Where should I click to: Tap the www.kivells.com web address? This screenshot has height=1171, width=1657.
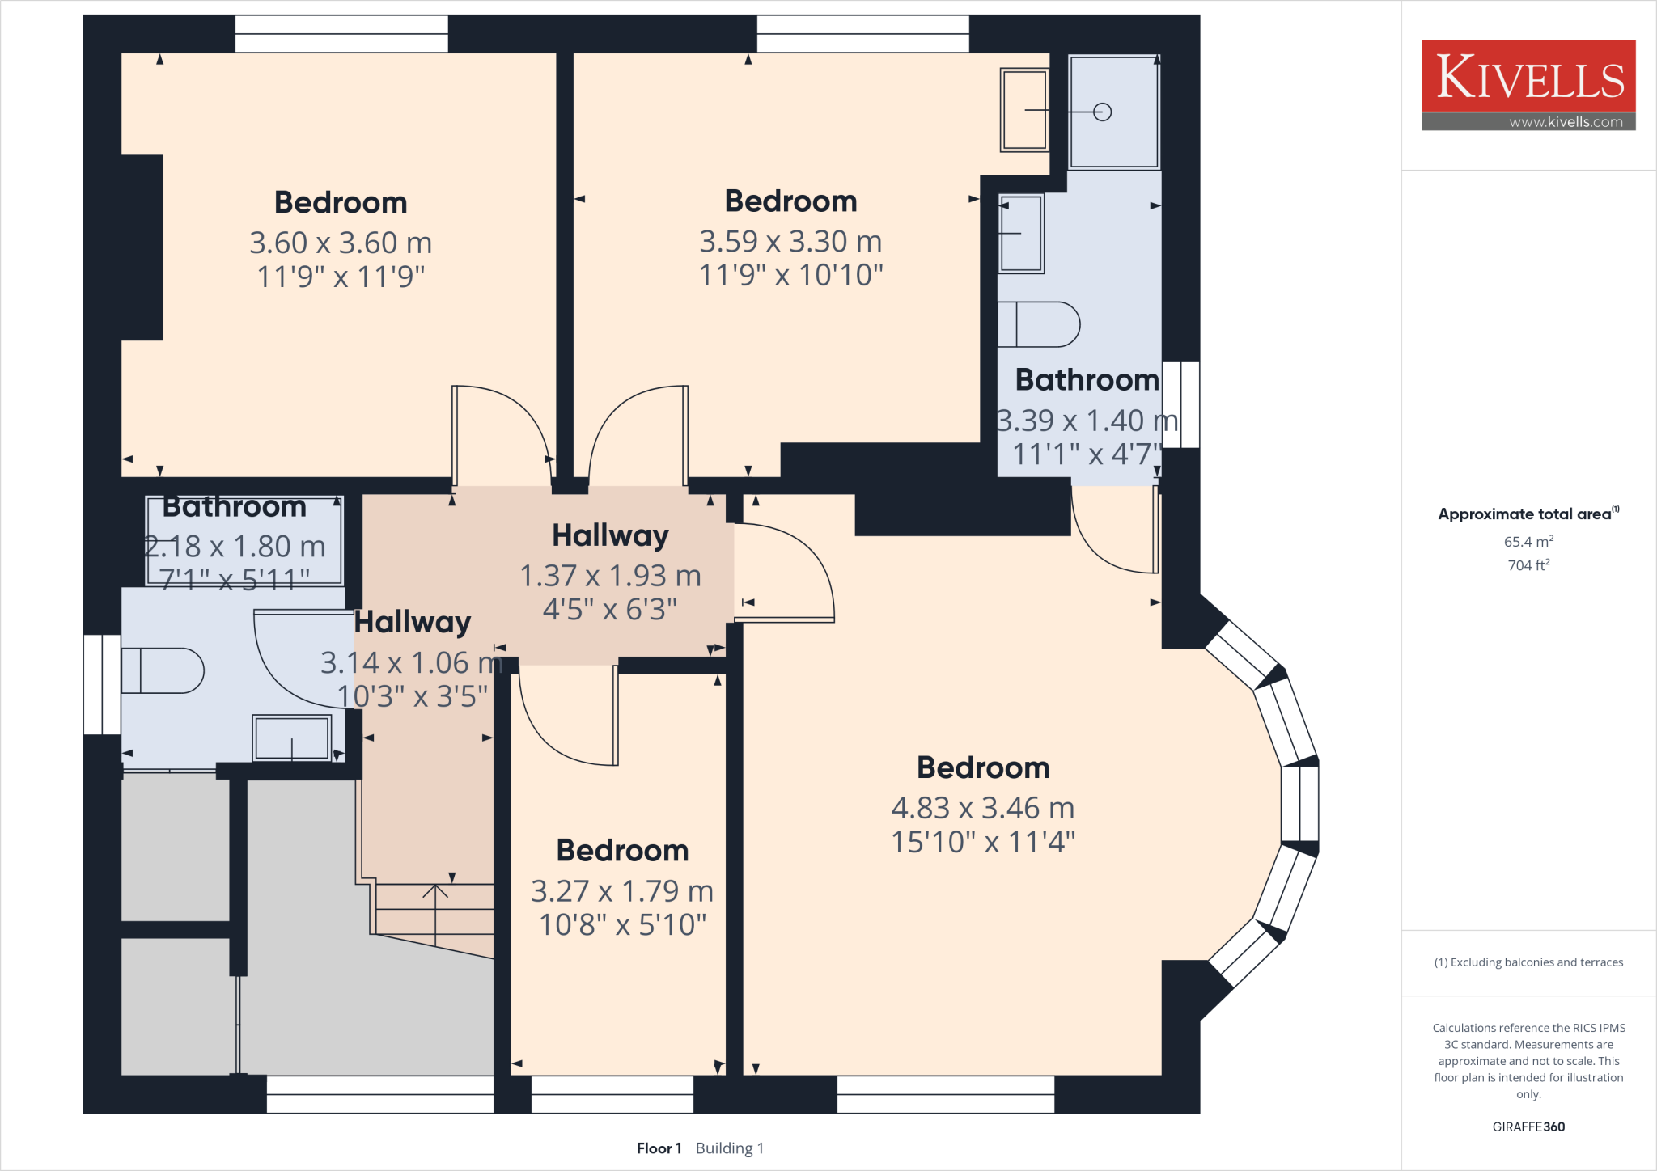point(1565,122)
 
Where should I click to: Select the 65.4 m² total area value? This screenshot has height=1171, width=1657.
point(1528,542)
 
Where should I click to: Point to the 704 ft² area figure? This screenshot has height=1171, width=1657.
point(1528,565)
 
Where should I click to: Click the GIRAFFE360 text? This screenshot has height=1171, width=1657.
point(1528,1127)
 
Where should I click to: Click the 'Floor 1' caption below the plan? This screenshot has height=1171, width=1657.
point(659,1148)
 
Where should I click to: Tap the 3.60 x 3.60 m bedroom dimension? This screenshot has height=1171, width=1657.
point(341,243)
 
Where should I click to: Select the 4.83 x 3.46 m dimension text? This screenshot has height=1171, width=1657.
point(982,808)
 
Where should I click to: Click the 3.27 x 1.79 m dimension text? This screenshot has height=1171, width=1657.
point(622,891)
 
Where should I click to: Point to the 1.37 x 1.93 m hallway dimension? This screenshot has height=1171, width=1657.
point(610,576)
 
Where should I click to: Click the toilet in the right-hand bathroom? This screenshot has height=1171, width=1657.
point(1039,324)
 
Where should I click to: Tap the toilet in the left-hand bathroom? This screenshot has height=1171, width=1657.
point(163,670)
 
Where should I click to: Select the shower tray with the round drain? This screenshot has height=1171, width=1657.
point(1114,112)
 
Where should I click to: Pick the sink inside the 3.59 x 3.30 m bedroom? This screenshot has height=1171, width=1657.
point(1024,110)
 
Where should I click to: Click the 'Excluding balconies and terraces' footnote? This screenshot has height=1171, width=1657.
point(1528,962)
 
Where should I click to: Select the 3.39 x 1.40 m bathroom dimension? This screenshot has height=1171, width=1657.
point(1086,421)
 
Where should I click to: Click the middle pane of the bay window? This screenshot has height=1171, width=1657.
point(1300,804)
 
